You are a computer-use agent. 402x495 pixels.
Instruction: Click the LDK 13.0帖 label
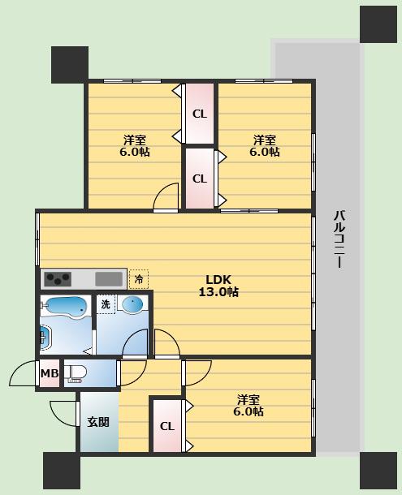point(218,286)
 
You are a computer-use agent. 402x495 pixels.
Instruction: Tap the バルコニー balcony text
point(339,239)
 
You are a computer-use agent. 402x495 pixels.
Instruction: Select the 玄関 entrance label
point(98,422)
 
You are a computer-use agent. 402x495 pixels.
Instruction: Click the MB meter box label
point(50,373)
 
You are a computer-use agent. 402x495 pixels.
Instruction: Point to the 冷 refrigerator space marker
point(139,279)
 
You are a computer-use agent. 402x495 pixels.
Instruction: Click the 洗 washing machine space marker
point(106,304)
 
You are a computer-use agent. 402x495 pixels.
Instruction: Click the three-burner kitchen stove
point(58,279)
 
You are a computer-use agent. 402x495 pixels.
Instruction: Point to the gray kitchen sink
point(109,279)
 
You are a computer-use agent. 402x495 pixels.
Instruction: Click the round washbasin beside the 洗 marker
point(132,304)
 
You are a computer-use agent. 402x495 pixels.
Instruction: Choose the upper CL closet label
point(200,114)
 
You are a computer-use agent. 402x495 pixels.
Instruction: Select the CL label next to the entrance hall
point(167,427)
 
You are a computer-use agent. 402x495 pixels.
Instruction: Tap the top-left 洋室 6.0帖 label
point(135,145)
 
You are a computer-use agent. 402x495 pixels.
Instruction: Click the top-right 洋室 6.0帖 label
point(265,145)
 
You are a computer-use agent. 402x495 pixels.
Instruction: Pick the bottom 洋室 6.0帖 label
point(249,406)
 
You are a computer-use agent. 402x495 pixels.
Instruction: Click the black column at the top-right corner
point(378,24)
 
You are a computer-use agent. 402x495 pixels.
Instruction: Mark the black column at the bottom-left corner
point(61,471)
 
